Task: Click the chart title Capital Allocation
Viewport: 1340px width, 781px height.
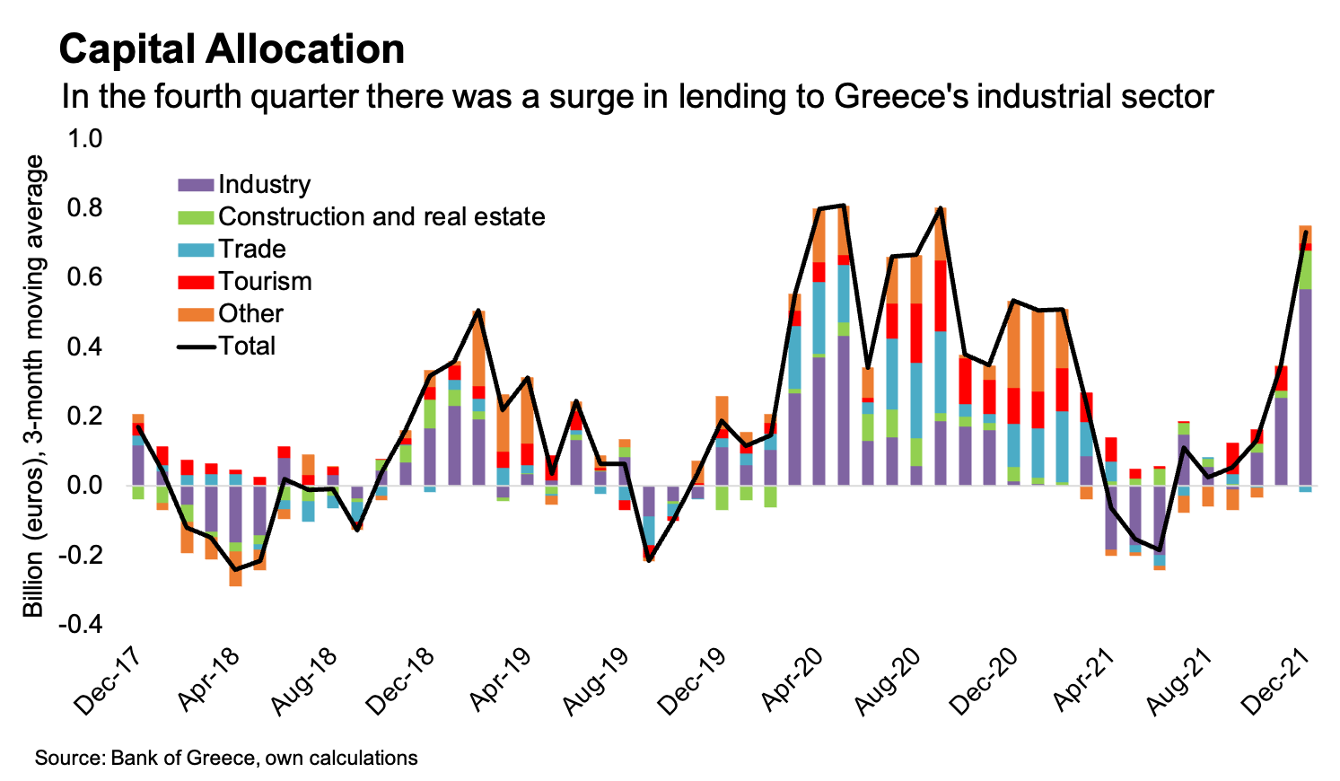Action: tap(232, 49)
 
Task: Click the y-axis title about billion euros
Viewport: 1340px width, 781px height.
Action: tap(33, 386)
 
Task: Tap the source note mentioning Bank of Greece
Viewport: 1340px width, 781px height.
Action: tap(226, 758)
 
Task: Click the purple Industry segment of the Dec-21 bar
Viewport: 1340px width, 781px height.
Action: tap(1305, 386)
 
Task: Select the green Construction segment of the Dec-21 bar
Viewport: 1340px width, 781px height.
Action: tap(1305, 269)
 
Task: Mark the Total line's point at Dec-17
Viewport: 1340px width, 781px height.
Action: tap(137, 427)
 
